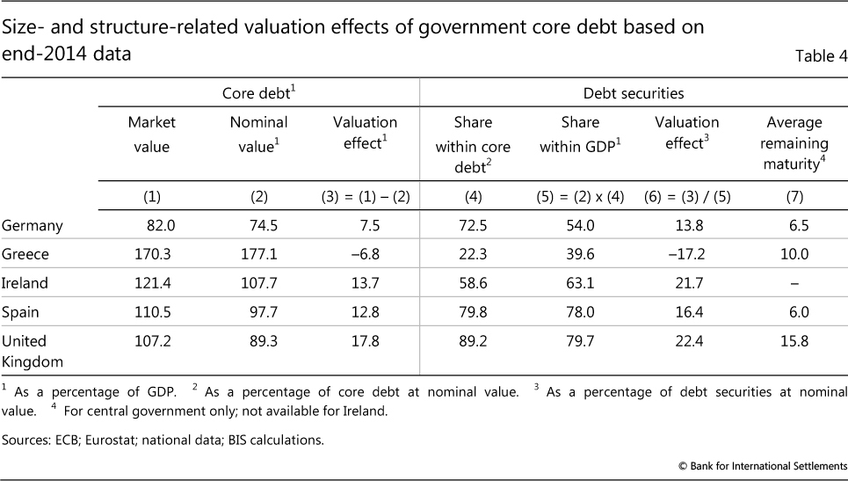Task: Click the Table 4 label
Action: click(x=821, y=57)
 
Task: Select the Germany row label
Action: click(x=33, y=226)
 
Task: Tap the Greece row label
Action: click(x=26, y=254)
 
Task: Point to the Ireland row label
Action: click(x=26, y=283)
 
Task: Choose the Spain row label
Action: click(x=23, y=312)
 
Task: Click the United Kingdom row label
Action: click(x=31, y=351)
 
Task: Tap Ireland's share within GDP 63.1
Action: click(x=583, y=283)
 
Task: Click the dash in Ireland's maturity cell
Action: click(x=794, y=283)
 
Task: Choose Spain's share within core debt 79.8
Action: click(x=474, y=312)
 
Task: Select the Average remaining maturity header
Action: click(x=794, y=142)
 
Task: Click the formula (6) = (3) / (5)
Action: click(x=686, y=196)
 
